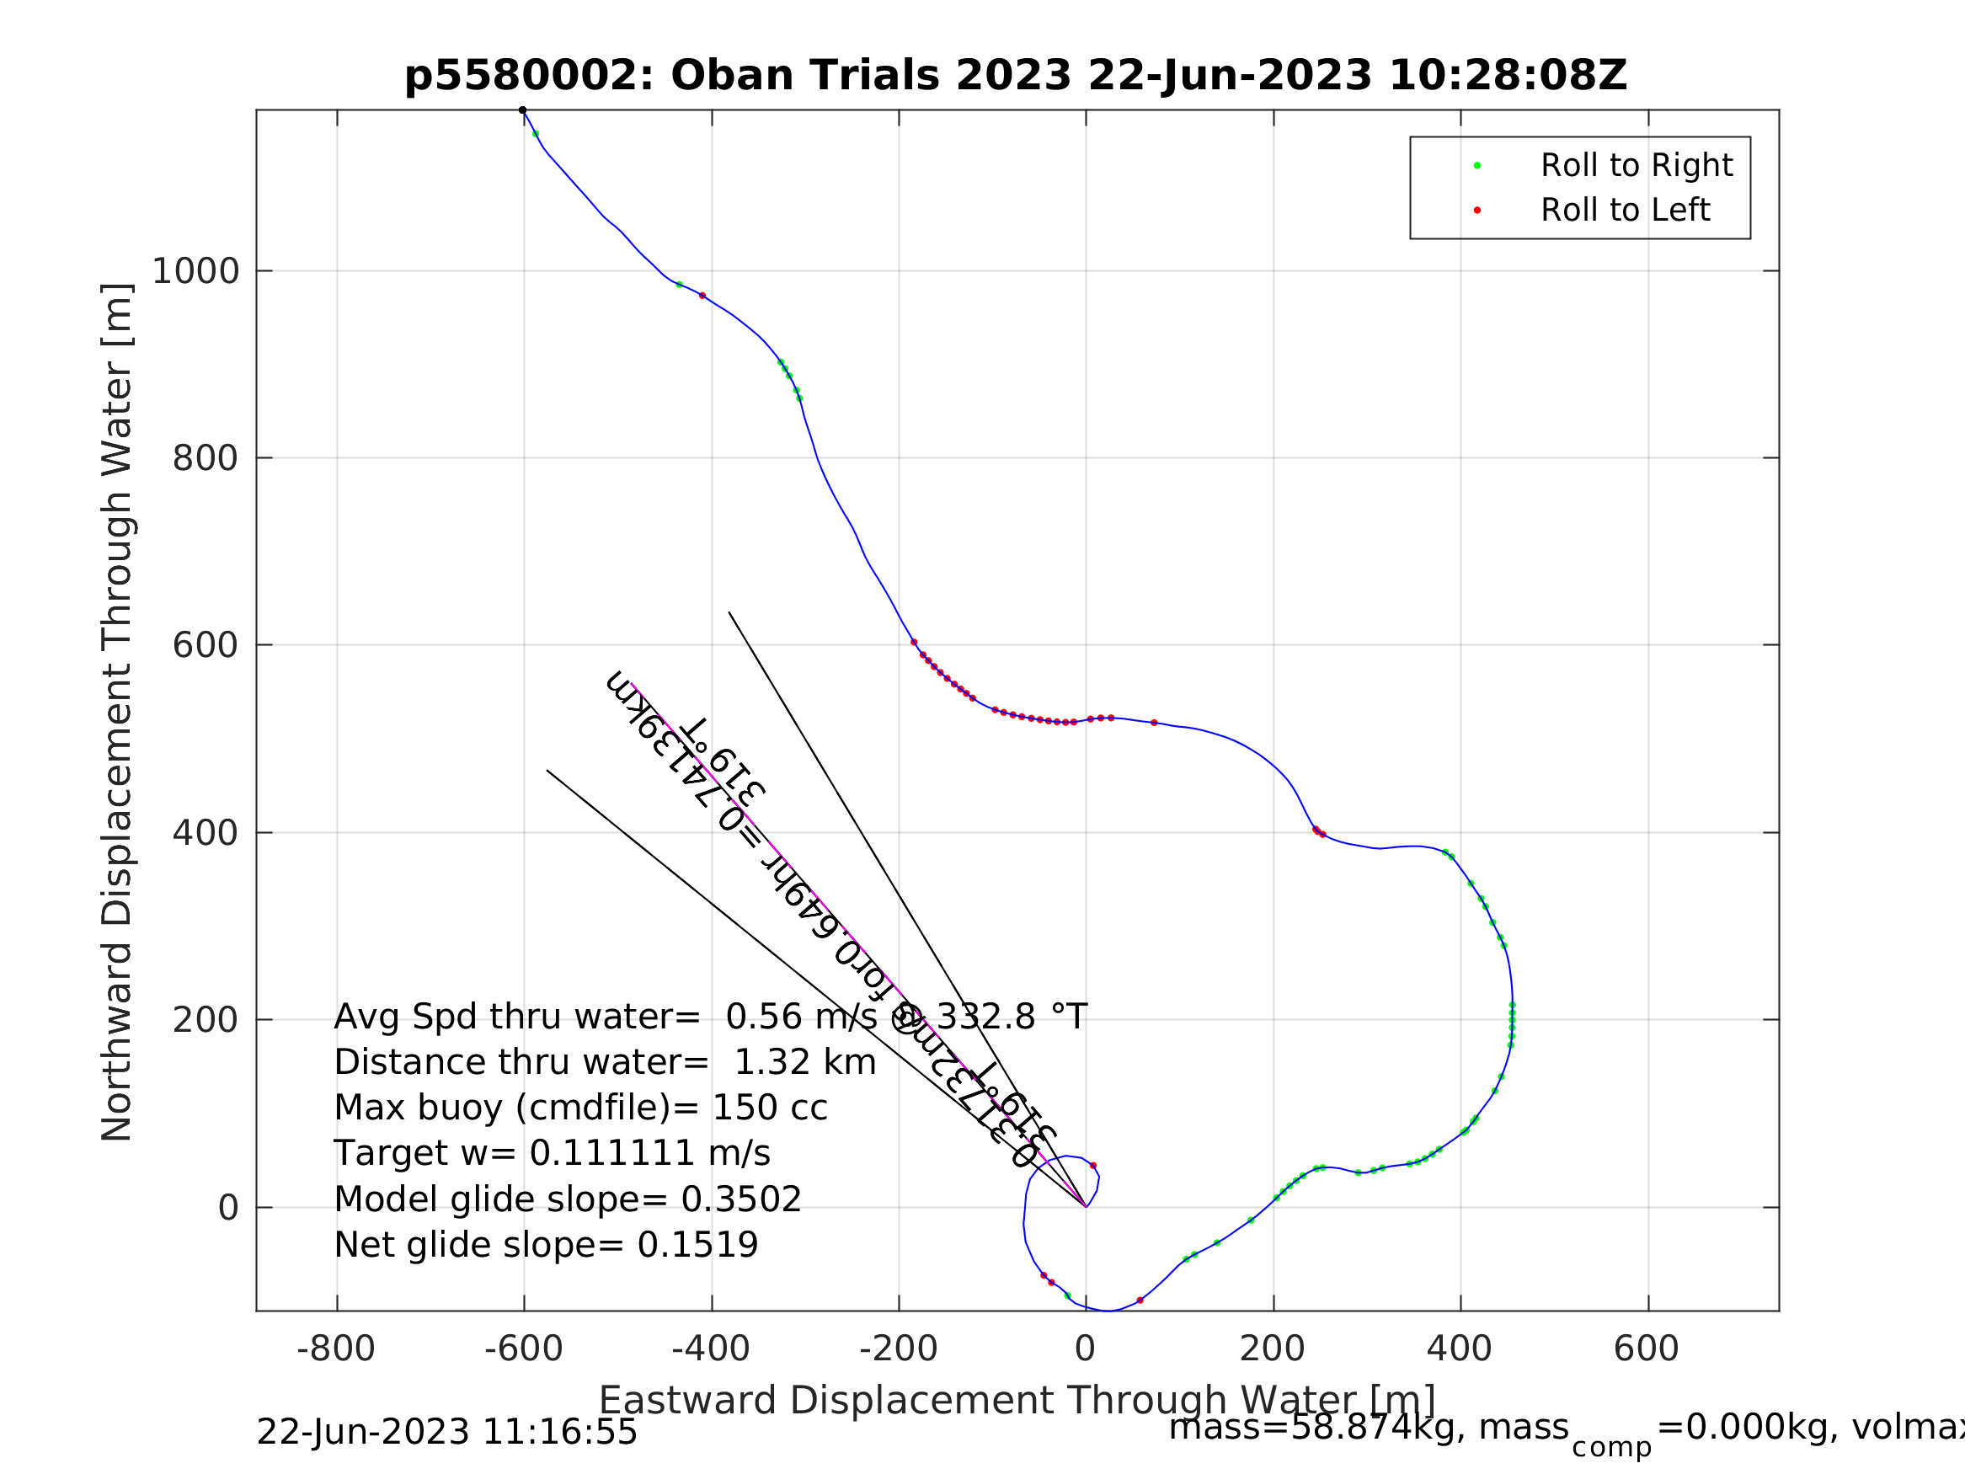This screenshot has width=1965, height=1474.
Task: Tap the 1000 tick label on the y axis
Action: [195, 271]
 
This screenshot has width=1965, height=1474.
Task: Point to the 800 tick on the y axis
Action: [206, 458]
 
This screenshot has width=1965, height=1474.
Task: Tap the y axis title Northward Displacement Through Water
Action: [117, 713]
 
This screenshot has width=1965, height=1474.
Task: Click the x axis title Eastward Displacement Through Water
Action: [1017, 1400]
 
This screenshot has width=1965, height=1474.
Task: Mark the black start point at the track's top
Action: [522, 110]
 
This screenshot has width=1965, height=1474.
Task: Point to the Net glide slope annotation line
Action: [547, 1246]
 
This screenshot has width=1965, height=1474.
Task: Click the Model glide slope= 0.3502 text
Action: [568, 1200]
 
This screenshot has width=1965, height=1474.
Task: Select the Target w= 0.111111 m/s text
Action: [552, 1154]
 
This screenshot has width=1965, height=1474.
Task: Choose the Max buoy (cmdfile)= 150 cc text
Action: [581, 1108]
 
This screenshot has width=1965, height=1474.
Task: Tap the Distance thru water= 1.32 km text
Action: [605, 1063]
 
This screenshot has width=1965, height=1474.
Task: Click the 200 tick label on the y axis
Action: [206, 1021]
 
